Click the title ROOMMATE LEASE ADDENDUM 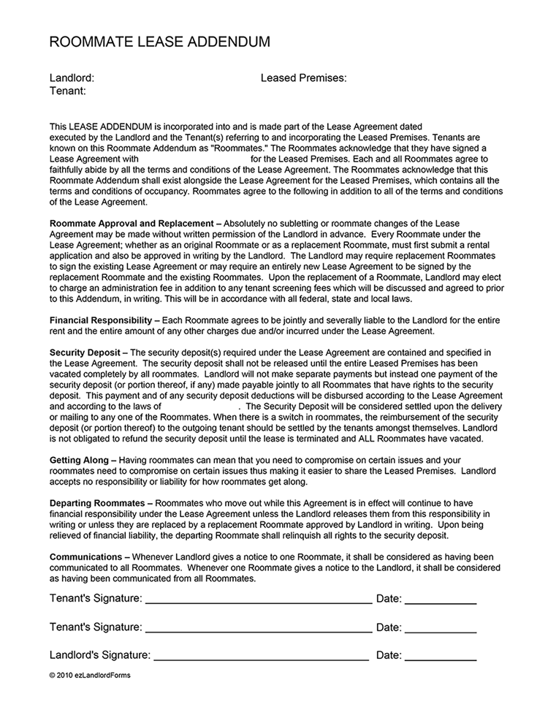tap(159, 42)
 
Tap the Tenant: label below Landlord tap(68, 91)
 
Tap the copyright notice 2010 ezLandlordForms tap(90, 676)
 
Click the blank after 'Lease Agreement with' tap(194, 159)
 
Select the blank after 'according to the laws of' tap(199, 406)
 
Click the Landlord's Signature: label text tap(100, 655)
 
